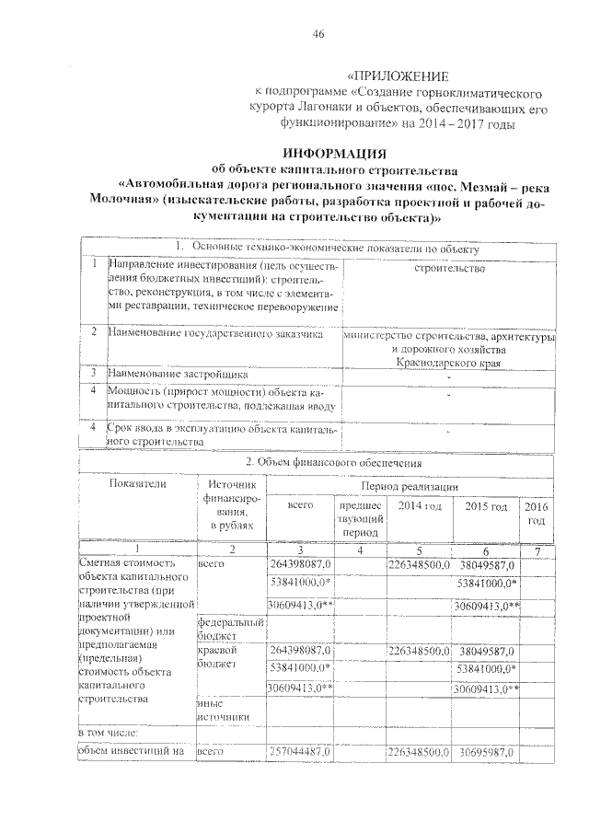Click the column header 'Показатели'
[137, 483]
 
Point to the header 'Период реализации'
[408, 485]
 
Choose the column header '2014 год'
[419, 506]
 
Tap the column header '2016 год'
[535, 514]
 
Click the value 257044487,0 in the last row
[301, 753]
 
